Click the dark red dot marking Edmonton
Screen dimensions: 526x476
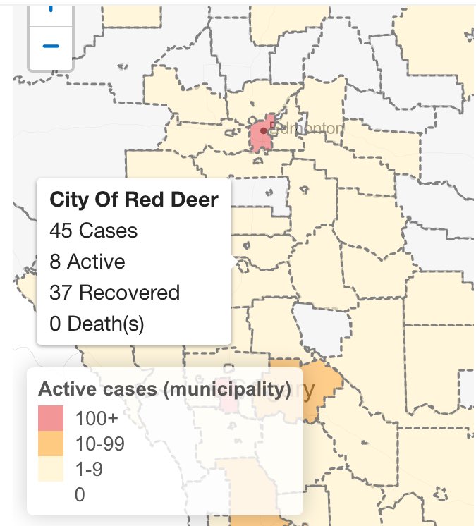click(263, 130)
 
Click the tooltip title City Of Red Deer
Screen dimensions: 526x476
click(134, 200)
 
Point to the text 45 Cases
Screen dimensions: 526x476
click(93, 231)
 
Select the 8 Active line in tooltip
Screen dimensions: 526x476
click(87, 262)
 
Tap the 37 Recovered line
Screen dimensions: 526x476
click(114, 293)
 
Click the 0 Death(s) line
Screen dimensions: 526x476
click(97, 324)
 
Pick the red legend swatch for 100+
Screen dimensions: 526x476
click(51, 418)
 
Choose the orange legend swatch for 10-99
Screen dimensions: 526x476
click(51, 444)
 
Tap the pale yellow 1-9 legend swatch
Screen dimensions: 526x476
click(51, 469)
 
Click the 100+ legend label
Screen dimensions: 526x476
click(92, 418)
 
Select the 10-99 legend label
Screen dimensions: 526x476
click(97, 444)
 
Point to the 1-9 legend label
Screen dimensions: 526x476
click(88, 469)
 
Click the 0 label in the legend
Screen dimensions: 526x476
click(79, 494)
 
